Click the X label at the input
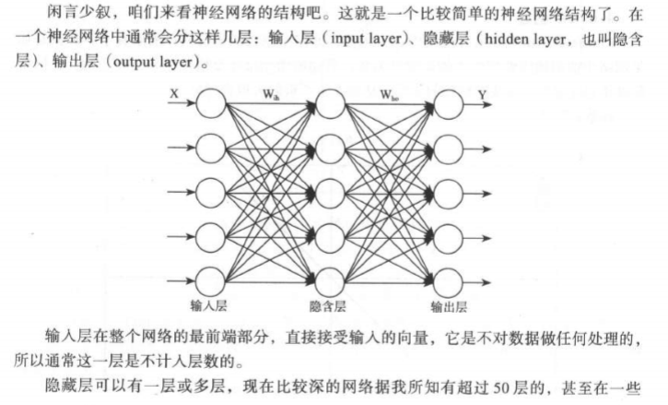(174, 93)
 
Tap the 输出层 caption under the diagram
(449, 304)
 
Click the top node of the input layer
(211, 106)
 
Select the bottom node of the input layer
(211, 278)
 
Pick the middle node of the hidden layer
(329, 192)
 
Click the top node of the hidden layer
(329, 106)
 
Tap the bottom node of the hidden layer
(329, 278)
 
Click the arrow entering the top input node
(180, 106)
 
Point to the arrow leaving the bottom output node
(482, 278)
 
